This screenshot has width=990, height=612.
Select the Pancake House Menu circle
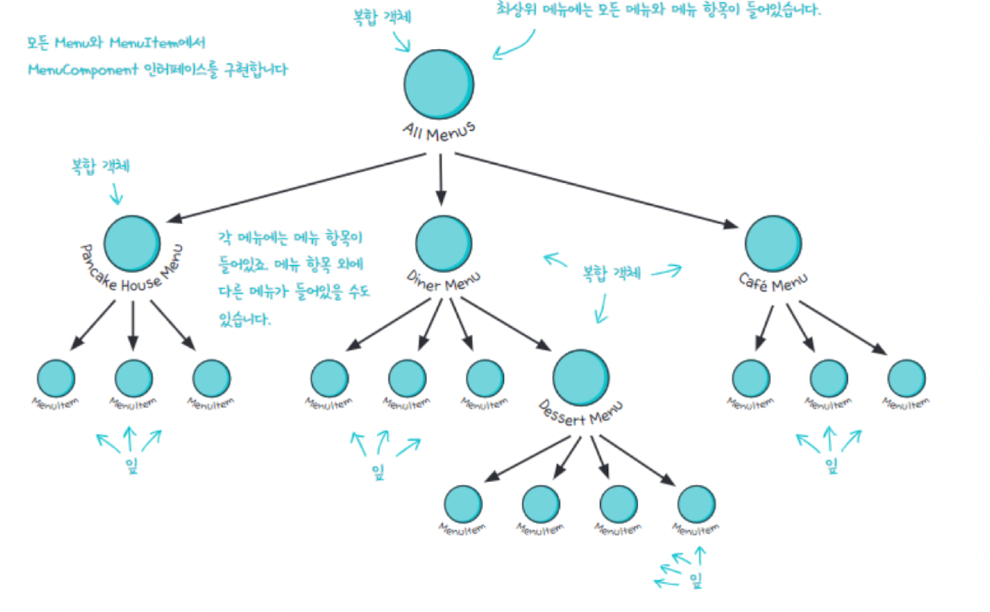[132, 243]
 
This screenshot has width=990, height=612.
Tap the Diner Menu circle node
[444, 243]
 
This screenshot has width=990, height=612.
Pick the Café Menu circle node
[773, 243]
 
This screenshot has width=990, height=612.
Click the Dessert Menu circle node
[581, 377]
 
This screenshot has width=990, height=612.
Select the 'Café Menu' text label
[773, 281]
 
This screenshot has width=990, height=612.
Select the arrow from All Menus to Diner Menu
[440, 180]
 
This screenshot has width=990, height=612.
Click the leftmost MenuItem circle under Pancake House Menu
[56, 377]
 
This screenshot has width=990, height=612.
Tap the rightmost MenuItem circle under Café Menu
[907, 377]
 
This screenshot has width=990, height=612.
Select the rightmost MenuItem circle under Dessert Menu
[696, 504]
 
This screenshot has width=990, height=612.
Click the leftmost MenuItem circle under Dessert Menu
[464, 504]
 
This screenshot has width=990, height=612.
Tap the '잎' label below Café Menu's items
[831, 463]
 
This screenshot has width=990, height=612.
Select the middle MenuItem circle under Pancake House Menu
[133, 377]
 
